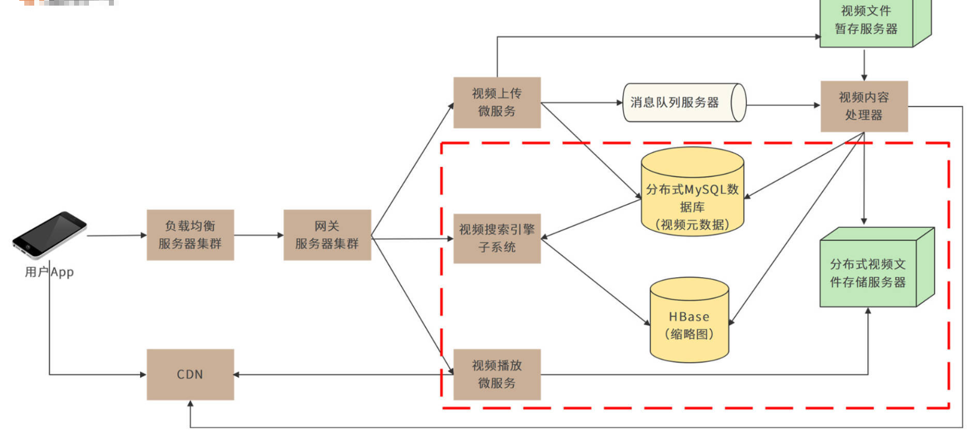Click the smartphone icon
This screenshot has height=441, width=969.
(50, 234)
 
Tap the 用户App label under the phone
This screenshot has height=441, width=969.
(49, 272)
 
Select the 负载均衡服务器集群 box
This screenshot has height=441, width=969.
(190, 235)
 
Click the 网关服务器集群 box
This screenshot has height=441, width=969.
(327, 235)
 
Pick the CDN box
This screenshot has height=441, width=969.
(190, 374)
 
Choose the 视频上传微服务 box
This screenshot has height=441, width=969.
(497, 103)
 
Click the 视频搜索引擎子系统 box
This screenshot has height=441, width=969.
(497, 238)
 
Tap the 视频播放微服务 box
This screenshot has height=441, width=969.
(497, 374)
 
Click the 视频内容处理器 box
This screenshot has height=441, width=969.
(864, 106)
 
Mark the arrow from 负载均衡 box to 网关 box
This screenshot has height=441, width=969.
(258, 235)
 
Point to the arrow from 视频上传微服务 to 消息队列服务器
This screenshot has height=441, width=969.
(581, 103)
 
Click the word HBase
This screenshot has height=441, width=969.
(689, 316)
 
